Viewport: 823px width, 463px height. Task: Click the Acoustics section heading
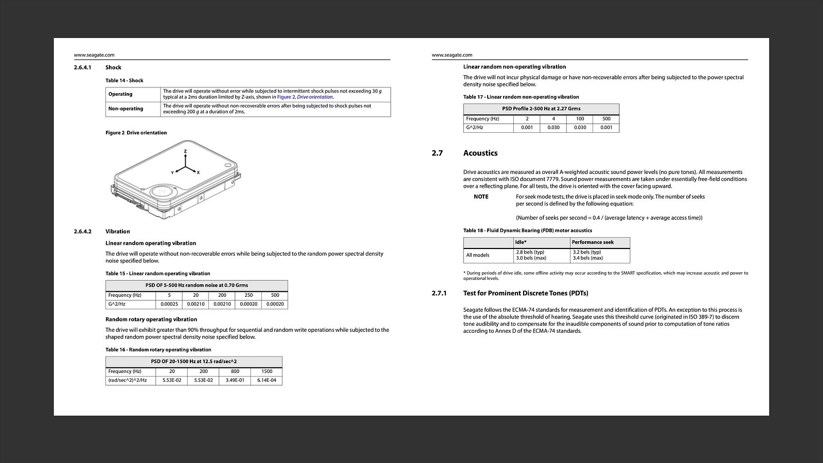pyautogui.click(x=480, y=153)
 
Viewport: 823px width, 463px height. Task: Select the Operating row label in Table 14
pyautogui.click(x=120, y=94)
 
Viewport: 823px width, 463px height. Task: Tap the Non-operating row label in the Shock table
pyautogui.click(x=126, y=109)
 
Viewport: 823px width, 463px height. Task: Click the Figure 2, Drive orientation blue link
pyautogui.click(x=305, y=97)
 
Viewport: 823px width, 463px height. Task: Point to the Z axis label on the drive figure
pyautogui.click(x=185, y=151)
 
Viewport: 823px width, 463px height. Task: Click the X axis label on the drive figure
pyautogui.click(x=198, y=172)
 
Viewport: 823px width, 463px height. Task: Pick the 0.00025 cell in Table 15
pyautogui.click(x=169, y=304)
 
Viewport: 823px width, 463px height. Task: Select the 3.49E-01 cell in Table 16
pyautogui.click(x=235, y=380)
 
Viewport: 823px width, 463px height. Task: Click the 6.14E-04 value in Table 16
pyautogui.click(x=266, y=380)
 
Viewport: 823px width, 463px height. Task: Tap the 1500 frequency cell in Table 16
pyautogui.click(x=266, y=371)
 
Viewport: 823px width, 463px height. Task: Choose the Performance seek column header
pyautogui.click(x=593, y=242)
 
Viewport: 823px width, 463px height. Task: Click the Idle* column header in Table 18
pyautogui.click(x=521, y=242)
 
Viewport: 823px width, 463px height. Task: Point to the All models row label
pyautogui.click(x=478, y=255)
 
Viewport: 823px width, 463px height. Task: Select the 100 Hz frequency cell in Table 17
pyautogui.click(x=580, y=119)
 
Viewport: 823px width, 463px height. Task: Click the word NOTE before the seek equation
pyautogui.click(x=481, y=197)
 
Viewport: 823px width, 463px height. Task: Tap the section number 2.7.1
pyautogui.click(x=439, y=293)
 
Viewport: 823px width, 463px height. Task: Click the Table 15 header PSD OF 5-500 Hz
pyautogui.click(x=196, y=285)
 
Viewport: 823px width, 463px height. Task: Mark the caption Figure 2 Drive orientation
pyautogui.click(x=136, y=133)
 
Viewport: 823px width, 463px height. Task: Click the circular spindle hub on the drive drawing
pyautogui.click(x=163, y=191)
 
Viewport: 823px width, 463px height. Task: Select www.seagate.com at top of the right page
pyautogui.click(x=452, y=55)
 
